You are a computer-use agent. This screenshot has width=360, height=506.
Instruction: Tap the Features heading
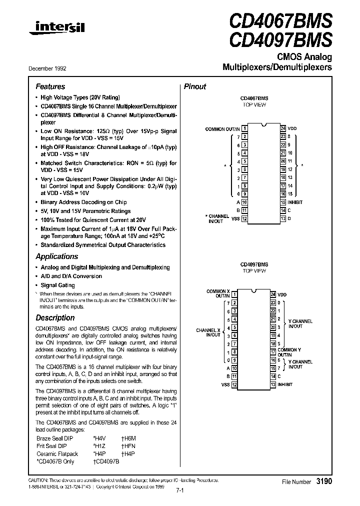coord(50,86)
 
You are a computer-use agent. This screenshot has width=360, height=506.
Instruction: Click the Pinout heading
coord(195,86)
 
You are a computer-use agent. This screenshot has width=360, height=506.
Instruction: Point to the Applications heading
coord(56,256)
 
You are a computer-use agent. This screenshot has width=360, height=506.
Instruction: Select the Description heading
coord(55,318)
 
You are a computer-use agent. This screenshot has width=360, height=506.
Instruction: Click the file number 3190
coord(324,481)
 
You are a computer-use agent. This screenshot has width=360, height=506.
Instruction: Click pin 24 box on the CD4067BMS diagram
coord(283,128)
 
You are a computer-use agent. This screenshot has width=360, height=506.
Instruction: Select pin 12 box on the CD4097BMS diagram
coord(233,384)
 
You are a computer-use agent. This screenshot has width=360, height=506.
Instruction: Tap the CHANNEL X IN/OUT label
coord(208,332)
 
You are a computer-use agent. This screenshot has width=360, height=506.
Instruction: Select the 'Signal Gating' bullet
coord(57,285)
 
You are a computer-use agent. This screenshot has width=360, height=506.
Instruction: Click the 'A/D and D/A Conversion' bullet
coord(71,276)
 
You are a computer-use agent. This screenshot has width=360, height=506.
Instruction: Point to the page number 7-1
coord(180,491)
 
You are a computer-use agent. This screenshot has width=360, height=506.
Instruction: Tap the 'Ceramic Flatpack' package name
coord(55,453)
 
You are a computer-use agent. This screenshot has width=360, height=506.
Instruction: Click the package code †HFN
coord(128,445)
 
